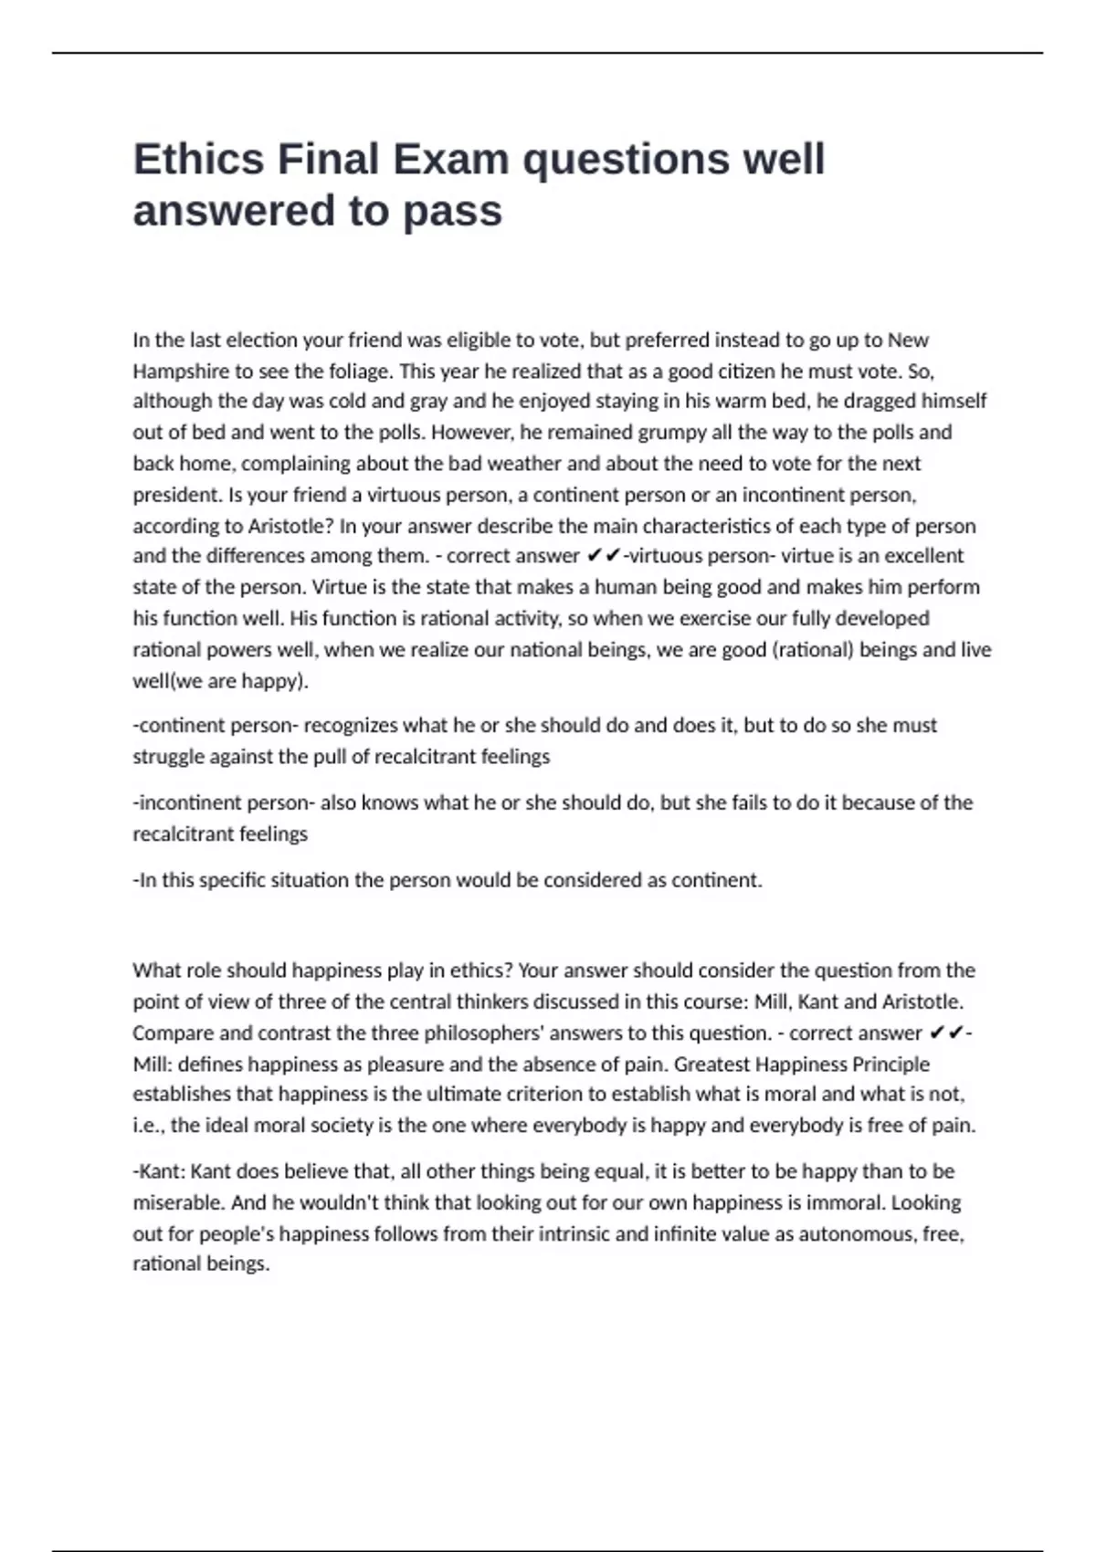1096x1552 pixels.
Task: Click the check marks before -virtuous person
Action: [x=604, y=556]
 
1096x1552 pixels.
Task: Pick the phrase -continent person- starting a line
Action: [x=215, y=726]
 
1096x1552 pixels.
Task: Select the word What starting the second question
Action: [x=156, y=970]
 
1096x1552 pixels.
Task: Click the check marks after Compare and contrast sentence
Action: [x=946, y=1033]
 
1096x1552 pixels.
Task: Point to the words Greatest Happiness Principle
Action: [x=801, y=1064]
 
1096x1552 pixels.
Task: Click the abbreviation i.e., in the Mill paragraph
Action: [x=148, y=1125]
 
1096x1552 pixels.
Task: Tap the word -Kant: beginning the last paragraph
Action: [x=159, y=1171]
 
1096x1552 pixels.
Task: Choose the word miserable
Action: [x=177, y=1202]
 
